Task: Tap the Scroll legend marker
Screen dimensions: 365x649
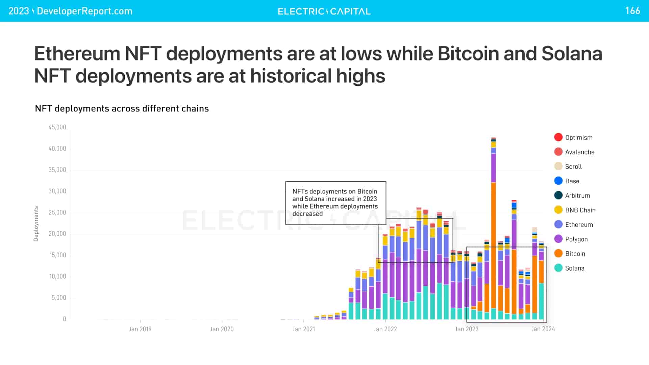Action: tap(558, 166)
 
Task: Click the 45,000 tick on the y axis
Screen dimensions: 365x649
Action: tap(57, 127)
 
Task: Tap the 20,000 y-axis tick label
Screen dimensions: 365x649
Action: tap(57, 234)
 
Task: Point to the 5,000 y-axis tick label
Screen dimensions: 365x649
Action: tap(59, 298)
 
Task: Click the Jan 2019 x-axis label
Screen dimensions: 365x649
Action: tap(140, 329)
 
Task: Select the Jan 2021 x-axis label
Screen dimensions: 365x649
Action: tap(304, 329)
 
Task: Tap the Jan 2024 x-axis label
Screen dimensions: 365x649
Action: tap(543, 329)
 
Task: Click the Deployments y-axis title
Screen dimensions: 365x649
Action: tap(36, 224)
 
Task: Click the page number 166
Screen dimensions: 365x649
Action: tap(632, 11)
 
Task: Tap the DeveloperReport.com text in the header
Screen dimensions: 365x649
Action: tap(84, 11)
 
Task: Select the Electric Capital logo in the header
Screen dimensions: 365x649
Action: tap(324, 11)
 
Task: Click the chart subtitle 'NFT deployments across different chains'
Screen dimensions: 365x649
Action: tap(122, 108)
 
